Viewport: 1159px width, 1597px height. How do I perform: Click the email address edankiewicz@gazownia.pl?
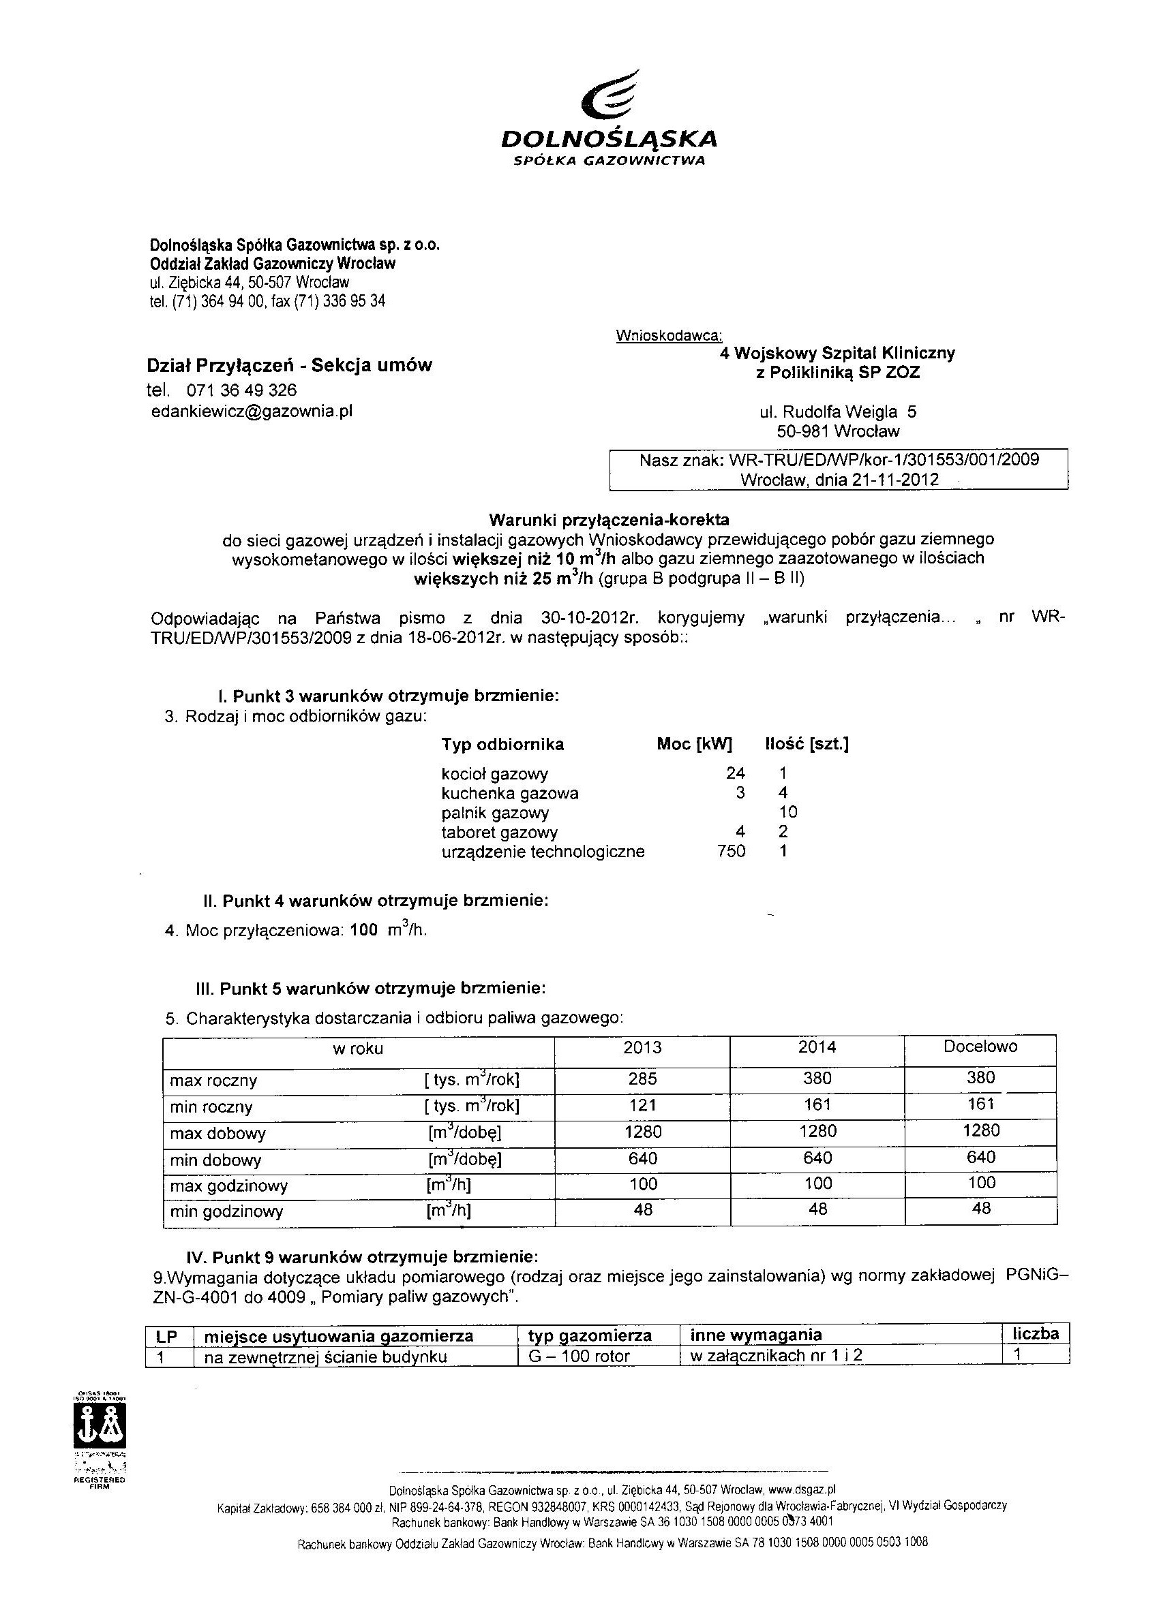(x=252, y=412)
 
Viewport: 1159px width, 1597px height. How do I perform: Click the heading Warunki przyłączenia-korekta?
(x=609, y=521)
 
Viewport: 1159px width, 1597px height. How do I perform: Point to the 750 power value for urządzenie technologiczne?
(x=731, y=852)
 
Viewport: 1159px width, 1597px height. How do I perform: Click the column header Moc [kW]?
(x=694, y=744)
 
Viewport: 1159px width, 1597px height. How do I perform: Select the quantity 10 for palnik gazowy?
(x=787, y=812)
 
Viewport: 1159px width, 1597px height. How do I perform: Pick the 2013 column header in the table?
(x=642, y=1048)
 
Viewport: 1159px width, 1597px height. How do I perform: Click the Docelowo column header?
(x=980, y=1046)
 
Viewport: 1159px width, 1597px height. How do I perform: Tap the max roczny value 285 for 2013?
(x=642, y=1079)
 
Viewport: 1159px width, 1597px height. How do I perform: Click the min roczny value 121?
(x=642, y=1106)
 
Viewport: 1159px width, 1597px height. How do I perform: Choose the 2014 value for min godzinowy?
(x=817, y=1210)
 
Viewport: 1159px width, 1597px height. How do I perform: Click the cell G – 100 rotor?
(x=578, y=1356)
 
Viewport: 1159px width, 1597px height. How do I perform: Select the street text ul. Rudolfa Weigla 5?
(x=838, y=412)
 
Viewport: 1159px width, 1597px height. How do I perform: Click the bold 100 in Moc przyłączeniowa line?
(x=363, y=930)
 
